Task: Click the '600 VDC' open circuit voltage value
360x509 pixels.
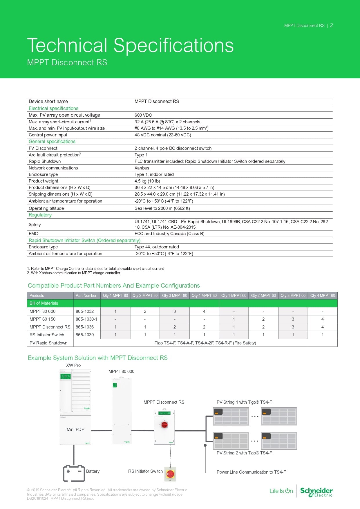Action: coord(143,115)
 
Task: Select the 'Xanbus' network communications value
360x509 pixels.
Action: coord(142,168)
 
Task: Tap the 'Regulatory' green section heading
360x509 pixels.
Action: coord(40,215)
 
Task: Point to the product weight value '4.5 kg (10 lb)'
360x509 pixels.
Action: coord(147,181)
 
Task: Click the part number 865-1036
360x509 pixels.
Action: coord(85,327)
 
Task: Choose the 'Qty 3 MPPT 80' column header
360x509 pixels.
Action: coord(174,296)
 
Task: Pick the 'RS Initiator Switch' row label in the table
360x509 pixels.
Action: coord(47,335)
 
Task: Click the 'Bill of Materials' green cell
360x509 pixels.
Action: coord(44,303)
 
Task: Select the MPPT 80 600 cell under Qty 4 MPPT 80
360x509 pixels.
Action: coord(204,311)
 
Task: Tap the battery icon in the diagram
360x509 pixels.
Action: coord(74,473)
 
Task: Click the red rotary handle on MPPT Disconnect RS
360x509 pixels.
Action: coord(164,425)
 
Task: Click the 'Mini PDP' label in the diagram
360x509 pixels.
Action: coord(75,429)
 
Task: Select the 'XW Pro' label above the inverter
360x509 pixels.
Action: coord(73,365)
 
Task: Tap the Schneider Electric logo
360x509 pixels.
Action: coord(316,491)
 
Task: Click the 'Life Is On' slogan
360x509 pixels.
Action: coord(281,491)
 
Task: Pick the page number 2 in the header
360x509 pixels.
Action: coord(331,26)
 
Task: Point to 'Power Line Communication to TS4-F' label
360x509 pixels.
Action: coord(251,472)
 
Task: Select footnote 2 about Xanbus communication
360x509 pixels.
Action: coord(74,273)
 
